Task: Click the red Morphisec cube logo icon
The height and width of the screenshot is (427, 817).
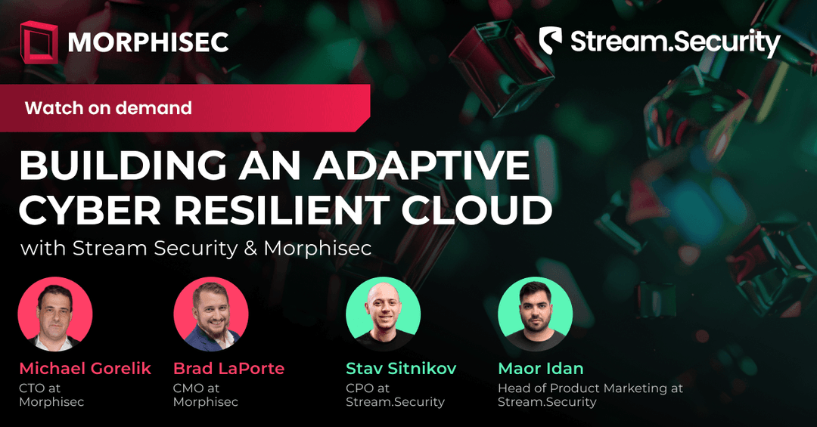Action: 39,42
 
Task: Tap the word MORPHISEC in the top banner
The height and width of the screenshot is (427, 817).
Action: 148,42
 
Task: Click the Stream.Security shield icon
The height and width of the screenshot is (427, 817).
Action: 551,42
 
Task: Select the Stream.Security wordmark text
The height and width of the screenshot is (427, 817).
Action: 675,43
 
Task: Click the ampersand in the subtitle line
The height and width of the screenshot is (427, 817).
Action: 250,249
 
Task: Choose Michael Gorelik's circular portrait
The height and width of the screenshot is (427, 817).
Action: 55,314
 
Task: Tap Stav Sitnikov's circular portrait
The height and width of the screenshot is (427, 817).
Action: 384,314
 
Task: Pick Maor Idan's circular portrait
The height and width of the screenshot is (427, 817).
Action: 535,314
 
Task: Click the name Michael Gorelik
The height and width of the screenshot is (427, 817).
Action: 85,369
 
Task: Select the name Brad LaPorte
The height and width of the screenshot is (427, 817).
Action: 228,369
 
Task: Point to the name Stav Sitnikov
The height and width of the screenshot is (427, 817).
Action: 401,369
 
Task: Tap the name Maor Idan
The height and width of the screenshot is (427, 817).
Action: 540,369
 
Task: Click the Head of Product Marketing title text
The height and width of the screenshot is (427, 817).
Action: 590,388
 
